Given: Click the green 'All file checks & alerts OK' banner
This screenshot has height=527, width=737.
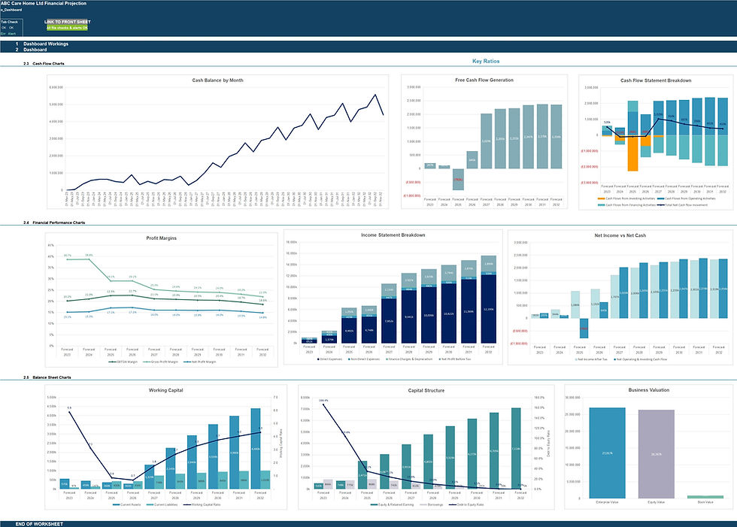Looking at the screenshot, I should coord(66,28).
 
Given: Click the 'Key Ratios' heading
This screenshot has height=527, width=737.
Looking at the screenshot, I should coord(486,61).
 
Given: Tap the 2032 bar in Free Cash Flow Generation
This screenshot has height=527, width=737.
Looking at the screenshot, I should coord(556,136).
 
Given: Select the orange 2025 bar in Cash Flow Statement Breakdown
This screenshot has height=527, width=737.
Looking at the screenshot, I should coord(632,153).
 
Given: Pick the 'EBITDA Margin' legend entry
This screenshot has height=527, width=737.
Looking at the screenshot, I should coord(123,361).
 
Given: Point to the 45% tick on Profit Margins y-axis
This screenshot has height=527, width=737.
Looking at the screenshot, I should coord(52,245).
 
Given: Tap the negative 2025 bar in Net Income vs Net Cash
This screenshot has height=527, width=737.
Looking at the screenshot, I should coord(584,329).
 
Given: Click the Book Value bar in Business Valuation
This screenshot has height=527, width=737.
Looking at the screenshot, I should coord(705,496).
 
